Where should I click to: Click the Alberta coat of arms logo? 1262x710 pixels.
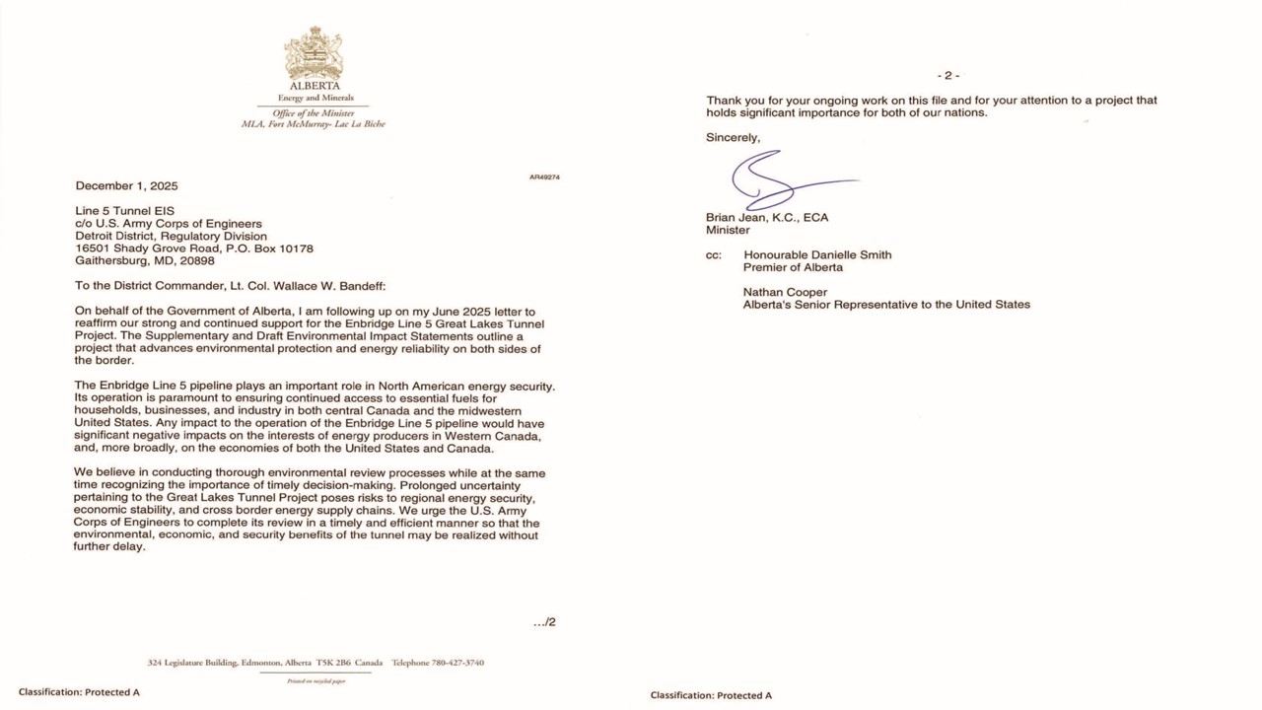pyautogui.click(x=314, y=54)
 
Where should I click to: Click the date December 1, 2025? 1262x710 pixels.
pyautogui.click(x=126, y=185)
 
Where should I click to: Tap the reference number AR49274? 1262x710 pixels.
pyautogui.click(x=544, y=177)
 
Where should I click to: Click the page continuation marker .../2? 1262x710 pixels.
pyautogui.click(x=544, y=622)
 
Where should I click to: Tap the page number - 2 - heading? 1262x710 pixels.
pyautogui.click(x=947, y=76)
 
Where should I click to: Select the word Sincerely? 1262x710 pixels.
pyautogui.click(x=733, y=138)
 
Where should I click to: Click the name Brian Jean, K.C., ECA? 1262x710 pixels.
pyautogui.click(x=767, y=218)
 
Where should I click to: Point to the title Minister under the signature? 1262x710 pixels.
pyautogui.click(x=728, y=231)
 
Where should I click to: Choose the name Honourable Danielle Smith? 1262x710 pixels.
pyautogui.click(x=817, y=255)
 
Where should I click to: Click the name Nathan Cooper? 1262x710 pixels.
pyautogui.click(x=785, y=292)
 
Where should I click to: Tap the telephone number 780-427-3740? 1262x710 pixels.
pyautogui.click(x=459, y=663)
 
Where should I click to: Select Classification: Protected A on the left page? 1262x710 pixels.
pyautogui.click(x=79, y=692)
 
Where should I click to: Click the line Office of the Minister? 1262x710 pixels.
pyautogui.click(x=313, y=113)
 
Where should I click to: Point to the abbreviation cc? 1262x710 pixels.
pyautogui.click(x=713, y=255)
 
